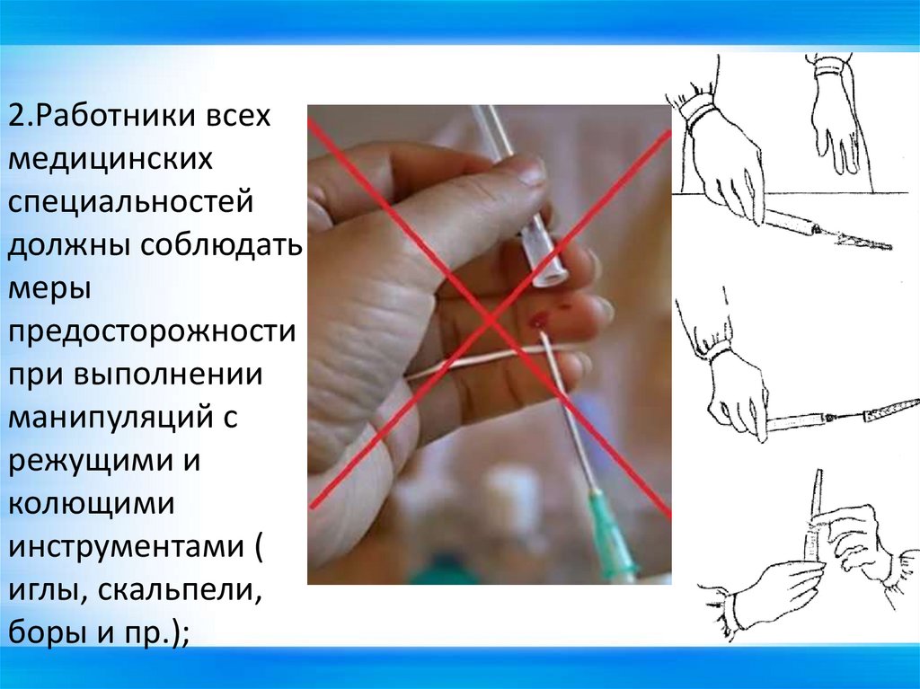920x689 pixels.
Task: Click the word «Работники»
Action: point(118,118)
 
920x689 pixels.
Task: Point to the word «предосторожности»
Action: point(153,331)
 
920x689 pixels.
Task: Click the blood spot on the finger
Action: point(541,318)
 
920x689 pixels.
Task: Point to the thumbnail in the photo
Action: point(530,170)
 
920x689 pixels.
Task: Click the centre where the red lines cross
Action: point(490,317)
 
